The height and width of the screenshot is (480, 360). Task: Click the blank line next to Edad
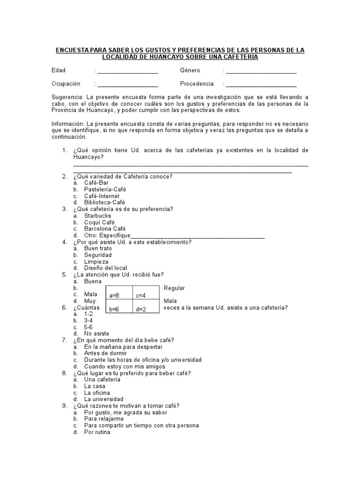pos(127,72)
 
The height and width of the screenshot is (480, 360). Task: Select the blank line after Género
pos(261,72)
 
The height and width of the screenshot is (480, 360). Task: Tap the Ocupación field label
pos(66,84)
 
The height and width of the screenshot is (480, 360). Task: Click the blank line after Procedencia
pos(261,86)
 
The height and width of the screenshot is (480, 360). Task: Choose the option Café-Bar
pos(96,183)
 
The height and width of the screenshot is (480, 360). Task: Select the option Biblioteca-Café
pos(105,202)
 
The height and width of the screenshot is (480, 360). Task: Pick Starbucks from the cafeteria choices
pos(97,216)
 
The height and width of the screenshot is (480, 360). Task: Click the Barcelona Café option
pos(105,229)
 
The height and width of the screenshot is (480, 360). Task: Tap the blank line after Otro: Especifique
pos(197,237)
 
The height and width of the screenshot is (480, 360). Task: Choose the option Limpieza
pos(96,262)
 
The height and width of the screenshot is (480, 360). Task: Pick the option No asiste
pos(97,334)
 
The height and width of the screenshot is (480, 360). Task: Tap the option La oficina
pos(97,393)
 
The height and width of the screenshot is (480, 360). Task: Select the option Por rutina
pos(97,432)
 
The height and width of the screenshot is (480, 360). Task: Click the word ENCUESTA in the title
pos(74,50)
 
